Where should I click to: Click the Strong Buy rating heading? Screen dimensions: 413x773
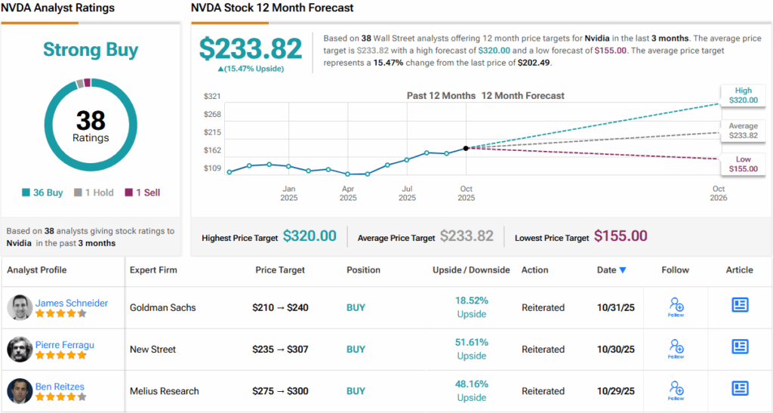click(x=91, y=51)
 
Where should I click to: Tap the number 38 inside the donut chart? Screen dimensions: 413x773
click(x=91, y=121)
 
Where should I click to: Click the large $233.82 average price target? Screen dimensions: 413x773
click(x=251, y=48)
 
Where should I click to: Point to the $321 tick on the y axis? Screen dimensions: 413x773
click(x=212, y=97)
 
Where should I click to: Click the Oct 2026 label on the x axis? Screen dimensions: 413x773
click(x=719, y=193)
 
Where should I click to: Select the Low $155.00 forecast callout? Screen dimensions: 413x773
click(x=743, y=164)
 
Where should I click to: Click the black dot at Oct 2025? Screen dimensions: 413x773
click(x=466, y=148)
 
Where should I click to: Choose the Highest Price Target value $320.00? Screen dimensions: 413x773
click(x=310, y=236)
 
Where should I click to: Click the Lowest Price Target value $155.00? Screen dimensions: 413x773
click(x=621, y=236)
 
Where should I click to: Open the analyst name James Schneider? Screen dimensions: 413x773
click(x=72, y=303)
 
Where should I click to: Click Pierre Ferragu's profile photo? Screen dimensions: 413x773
click(x=20, y=350)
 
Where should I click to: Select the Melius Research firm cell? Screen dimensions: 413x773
click(x=165, y=391)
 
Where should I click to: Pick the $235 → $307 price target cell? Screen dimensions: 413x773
click(x=280, y=350)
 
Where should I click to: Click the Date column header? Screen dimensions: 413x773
click(x=612, y=270)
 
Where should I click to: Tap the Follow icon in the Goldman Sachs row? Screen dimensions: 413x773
click(x=676, y=306)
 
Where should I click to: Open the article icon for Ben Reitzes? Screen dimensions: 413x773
click(x=740, y=388)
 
